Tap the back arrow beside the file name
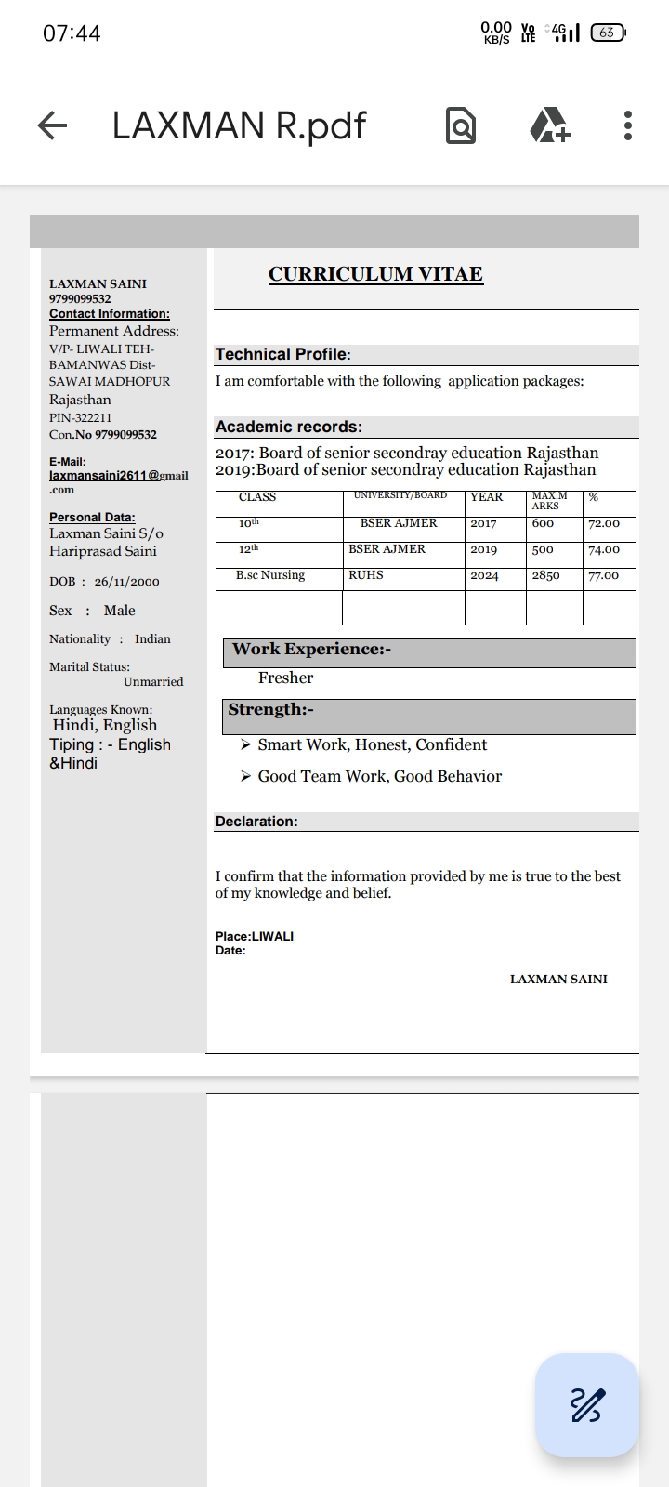[x=53, y=125]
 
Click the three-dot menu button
[x=628, y=125]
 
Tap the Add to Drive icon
[x=549, y=125]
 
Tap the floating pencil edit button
[x=586, y=1404]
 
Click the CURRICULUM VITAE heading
[x=375, y=274]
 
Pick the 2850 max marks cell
[x=545, y=576]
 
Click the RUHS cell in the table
[x=366, y=575]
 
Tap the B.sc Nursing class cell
[x=270, y=575]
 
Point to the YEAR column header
[x=486, y=497]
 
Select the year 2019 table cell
[x=483, y=550]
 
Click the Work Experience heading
[x=311, y=650]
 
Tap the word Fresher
[x=285, y=678]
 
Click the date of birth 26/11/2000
[x=126, y=582]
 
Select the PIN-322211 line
[x=81, y=418]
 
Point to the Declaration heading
[x=256, y=822]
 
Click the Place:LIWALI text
[x=255, y=936]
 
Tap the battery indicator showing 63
[x=608, y=33]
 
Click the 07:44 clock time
[x=72, y=33]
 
